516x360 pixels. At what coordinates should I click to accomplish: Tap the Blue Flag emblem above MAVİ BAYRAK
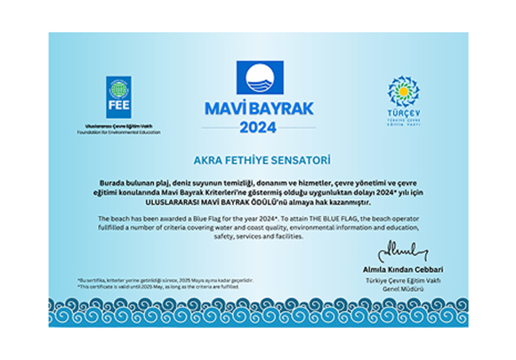(258, 78)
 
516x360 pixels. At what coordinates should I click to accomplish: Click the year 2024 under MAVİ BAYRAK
(258, 127)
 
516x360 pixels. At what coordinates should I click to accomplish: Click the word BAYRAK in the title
(278, 108)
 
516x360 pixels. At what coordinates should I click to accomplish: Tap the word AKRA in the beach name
(206, 160)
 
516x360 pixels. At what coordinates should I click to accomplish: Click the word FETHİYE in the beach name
(243, 160)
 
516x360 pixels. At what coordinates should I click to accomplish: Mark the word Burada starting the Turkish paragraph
(113, 181)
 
